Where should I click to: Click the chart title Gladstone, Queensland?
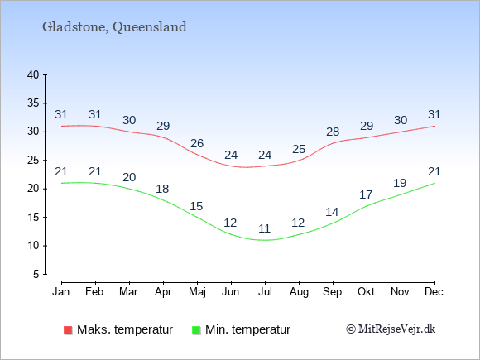point(114,27)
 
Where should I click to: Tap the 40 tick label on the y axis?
point(33,74)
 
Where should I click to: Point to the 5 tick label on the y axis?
point(36,274)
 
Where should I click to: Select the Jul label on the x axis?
point(265,292)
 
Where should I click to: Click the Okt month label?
point(366,292)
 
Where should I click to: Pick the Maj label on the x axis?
point(197,292)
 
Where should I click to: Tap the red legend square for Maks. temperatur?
point(68,330)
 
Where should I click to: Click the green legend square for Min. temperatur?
point(196,330)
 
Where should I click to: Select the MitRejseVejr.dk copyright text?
point(391,329)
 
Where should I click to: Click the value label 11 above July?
point(265,228)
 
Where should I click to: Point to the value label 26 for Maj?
point(197,143)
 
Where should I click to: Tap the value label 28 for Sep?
point(333,132)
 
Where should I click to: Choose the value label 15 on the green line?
point(196,206)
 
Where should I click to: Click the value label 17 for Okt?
point(366,194)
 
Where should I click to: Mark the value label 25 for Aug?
point(299,149)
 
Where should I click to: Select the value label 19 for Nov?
point(400,183)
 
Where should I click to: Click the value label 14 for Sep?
point(332,212)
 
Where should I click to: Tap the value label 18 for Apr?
point(162,189)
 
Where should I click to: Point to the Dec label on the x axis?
point(434,292)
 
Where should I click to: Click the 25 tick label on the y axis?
point(33,160)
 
